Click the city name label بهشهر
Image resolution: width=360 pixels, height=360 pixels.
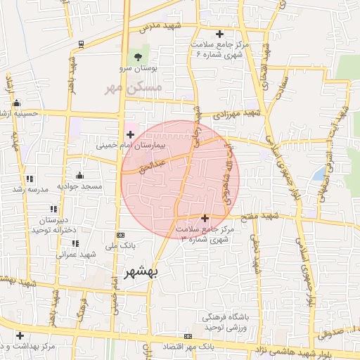click(141, 271)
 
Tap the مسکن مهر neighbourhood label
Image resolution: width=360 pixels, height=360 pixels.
click(134, 88)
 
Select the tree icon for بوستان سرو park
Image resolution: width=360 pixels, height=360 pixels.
click(136, 58)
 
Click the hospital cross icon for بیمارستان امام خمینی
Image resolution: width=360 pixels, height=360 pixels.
click(130, 134)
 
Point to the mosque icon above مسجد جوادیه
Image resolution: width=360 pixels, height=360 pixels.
click(79, 176)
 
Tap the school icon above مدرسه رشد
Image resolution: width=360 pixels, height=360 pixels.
click(29, 180)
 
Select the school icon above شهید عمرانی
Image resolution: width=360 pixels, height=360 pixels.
click(75, 243)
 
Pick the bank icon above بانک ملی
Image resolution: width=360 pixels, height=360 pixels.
click(120, 235)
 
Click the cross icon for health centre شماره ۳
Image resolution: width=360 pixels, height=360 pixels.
click(205, 219)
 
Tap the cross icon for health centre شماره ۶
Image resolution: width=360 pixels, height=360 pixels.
click(219, 34)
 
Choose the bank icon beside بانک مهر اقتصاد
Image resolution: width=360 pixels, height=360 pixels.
click(187, 337)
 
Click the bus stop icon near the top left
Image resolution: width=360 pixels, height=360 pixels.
click(82, 44)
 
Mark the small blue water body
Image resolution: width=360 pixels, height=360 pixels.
click(319, 173)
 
